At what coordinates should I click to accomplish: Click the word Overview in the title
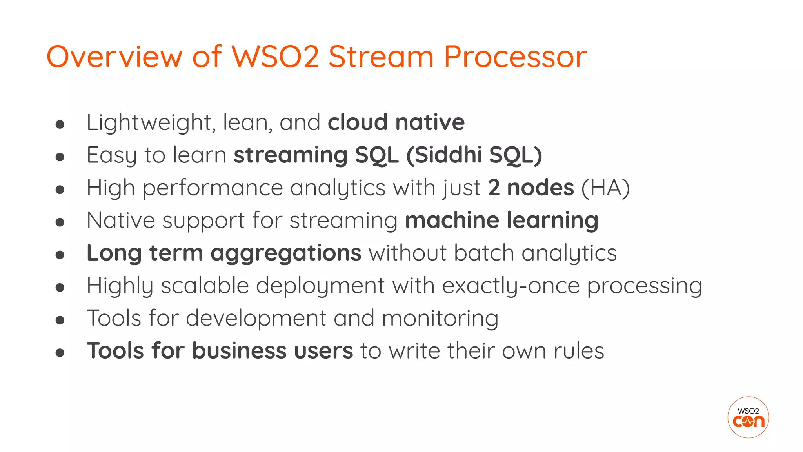click(x=114, y=57)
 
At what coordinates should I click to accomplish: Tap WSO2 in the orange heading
click(x=276, y=57)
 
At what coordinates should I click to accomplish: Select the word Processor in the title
click(x=515, y=57)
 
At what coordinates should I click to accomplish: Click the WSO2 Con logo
click(x=748, y=417)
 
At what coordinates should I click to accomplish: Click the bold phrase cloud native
click(x=396, y=122)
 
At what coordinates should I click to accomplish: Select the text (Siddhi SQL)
click(x=474, y=155)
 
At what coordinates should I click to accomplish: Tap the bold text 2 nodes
click(x=531, y=188)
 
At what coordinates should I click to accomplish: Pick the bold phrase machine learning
click(x=501, y=220)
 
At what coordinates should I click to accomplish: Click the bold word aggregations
click(x=286, y=253)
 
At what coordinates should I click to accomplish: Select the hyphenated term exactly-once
click(x=511, y=286)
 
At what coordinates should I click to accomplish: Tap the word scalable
click(x=205, y=285)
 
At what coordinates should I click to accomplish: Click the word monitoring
click(x=440, y=318)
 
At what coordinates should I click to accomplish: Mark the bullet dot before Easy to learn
click(x=60, y=157)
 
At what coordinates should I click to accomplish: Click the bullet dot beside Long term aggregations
click(x=60, y=255)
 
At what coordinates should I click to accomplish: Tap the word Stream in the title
click(x=381, y=57)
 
